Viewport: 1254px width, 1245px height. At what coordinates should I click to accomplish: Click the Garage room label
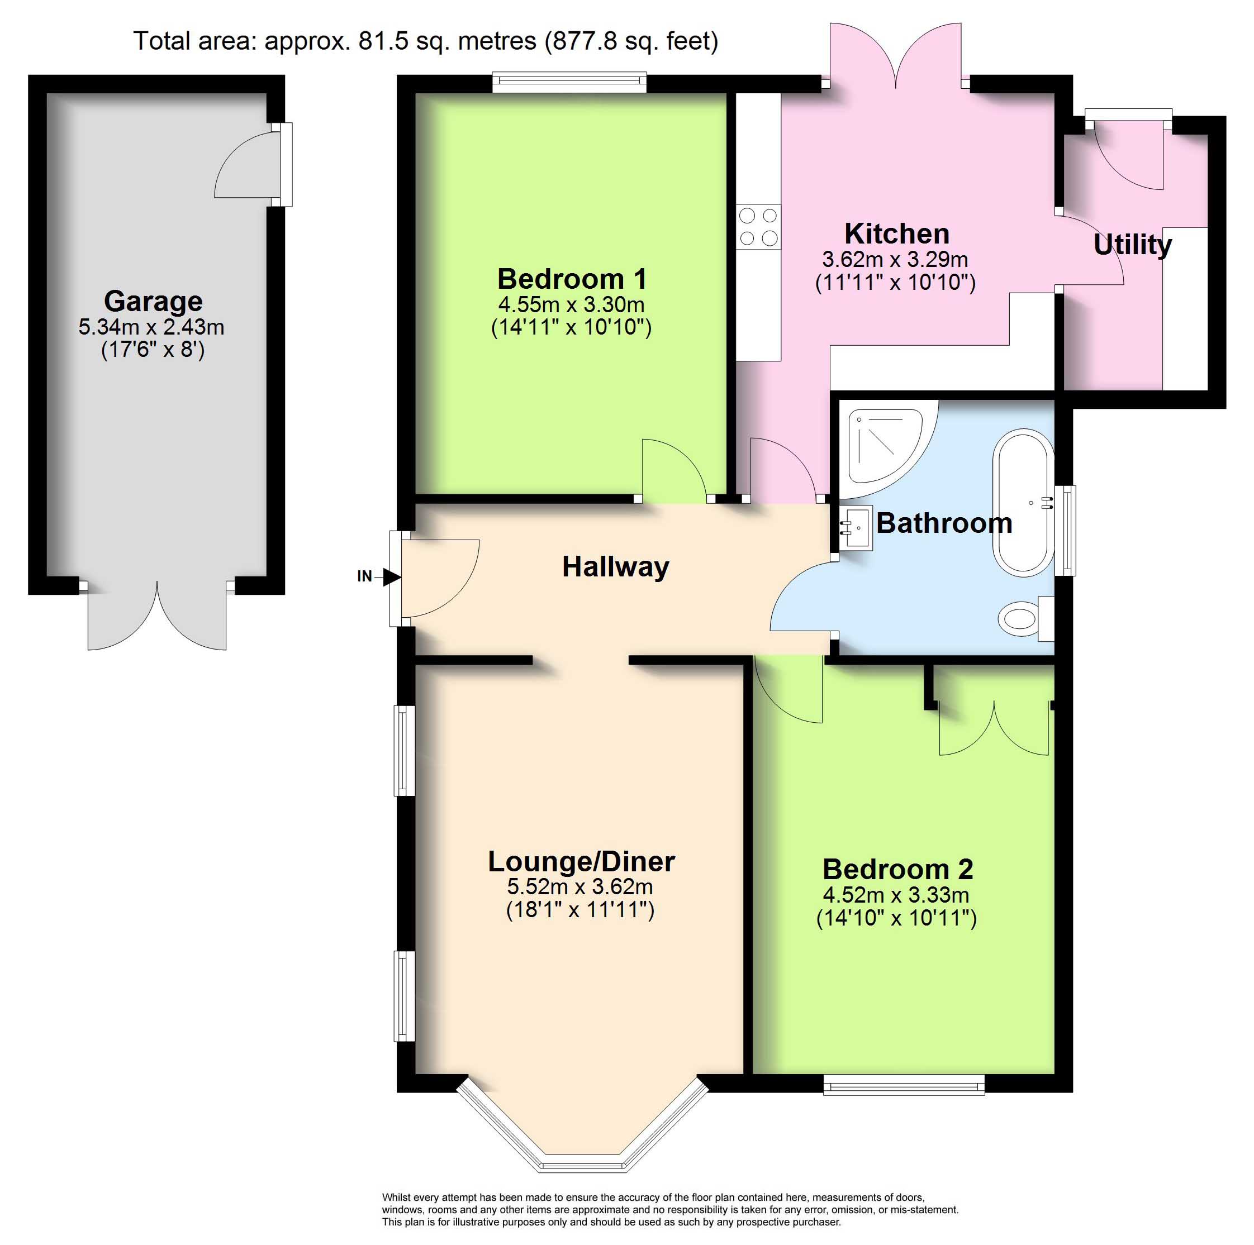tap(153, 301)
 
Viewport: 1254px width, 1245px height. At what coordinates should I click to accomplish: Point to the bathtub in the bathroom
tap(1023, 503)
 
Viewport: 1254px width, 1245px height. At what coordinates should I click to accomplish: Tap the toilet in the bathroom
tap(1025, 618)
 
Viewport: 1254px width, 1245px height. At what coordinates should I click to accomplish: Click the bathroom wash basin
tap(856, 527)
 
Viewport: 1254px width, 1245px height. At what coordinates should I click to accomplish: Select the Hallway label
tap(615, 567)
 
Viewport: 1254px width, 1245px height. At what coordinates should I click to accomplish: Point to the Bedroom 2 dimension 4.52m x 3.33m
tap(896, 895)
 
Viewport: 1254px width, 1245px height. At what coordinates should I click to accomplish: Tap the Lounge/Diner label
tap(582, 862)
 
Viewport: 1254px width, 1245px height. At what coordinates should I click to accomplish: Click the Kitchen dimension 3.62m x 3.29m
tap(895, 260)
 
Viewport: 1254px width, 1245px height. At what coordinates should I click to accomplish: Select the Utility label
tap(1133, 245)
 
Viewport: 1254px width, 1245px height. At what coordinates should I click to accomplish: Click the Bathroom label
tap(944, 523)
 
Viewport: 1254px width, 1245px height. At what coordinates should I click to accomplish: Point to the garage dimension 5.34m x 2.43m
tap(151, 327)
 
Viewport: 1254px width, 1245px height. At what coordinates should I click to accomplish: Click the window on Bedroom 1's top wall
tap(569, 82)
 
